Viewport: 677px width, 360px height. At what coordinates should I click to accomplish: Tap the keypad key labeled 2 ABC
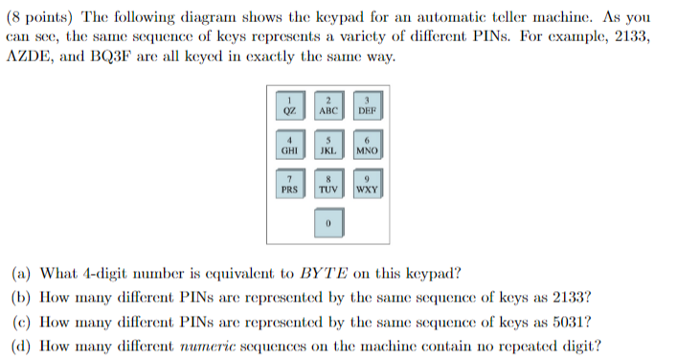(x=327, y=105)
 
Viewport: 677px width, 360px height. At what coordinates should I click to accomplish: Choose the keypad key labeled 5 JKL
(x=327, y=146)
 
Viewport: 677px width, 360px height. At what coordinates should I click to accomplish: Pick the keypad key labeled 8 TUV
(x=327, y=185)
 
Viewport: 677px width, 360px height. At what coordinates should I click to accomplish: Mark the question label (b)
(x=20, y=297)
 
